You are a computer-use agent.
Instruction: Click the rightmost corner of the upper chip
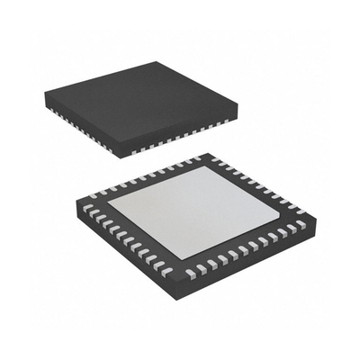click(x=238, y=106)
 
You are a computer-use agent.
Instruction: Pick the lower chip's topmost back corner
click(x=211, y=155)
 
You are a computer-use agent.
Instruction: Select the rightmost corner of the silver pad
click(x=280, y=212)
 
